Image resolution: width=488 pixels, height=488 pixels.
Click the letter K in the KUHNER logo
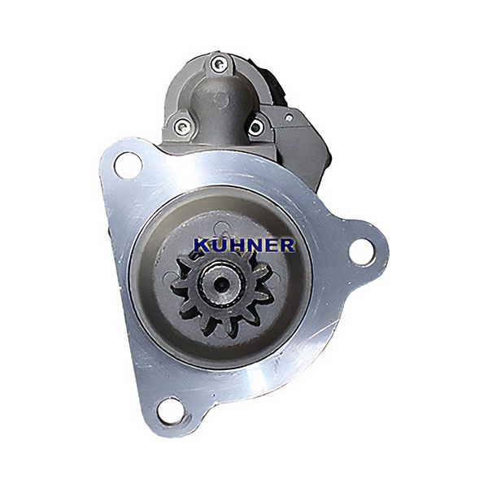coord(202,246)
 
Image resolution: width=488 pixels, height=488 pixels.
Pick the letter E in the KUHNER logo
coord(270,246)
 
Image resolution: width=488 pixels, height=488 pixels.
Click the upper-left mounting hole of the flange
coord(128,165)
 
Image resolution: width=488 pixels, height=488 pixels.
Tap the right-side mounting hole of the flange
coord(362,253)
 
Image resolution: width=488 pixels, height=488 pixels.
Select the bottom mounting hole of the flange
coord(171,411)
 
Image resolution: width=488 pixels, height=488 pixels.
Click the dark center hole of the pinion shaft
coord(221,283)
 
